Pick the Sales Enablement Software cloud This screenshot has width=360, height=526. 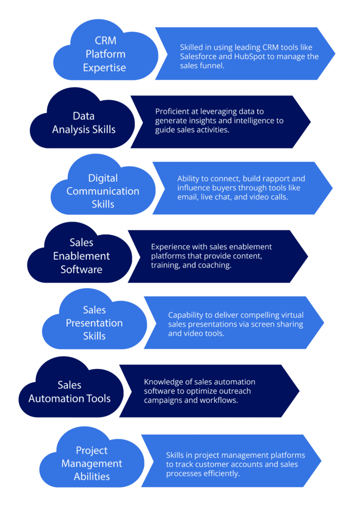(x=81, y=255)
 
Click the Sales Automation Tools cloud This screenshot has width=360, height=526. (x=70, y=391)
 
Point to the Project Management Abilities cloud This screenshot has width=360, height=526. (x=92, y=463)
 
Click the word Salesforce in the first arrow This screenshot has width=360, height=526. (x=199, y=56)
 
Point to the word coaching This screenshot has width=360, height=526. (x=213, y=265)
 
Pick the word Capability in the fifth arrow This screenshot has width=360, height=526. (x=187, y=315)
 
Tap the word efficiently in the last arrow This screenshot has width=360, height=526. (x=222, y=474)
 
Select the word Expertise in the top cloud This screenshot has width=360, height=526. (x=104, y=67)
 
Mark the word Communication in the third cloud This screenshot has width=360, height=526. (x=103, y=191)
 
